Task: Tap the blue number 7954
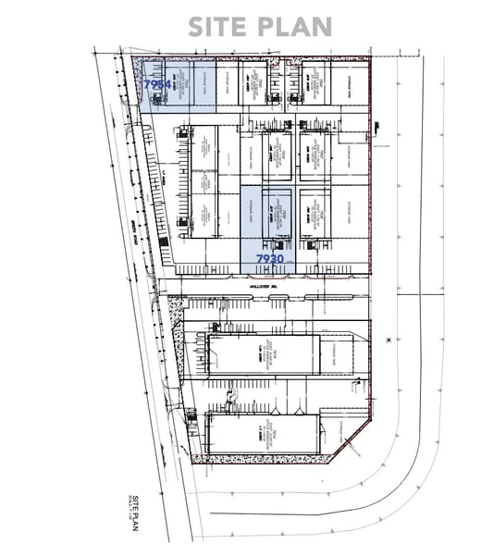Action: click(x=157, y=84)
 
